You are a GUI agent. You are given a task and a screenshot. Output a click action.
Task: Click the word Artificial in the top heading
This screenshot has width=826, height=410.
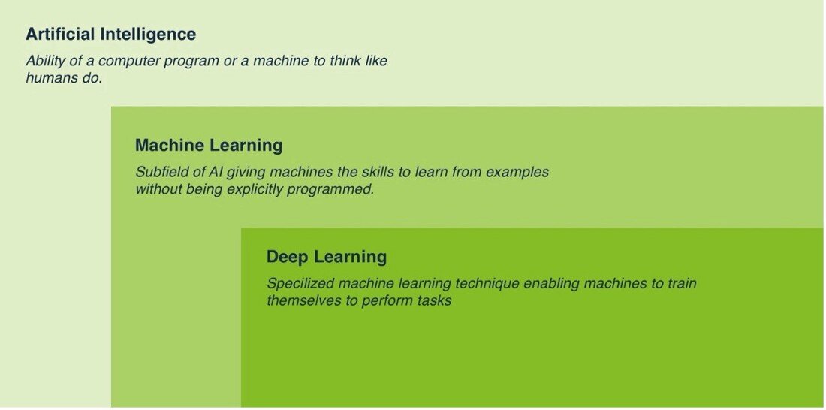click(61, 34)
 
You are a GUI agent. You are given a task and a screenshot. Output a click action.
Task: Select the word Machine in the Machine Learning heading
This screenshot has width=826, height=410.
click(169, 145)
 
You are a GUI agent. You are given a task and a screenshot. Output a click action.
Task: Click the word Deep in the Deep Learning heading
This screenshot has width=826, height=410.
click(288, 257)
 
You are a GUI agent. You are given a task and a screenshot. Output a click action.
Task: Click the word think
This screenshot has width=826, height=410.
click(347, 61)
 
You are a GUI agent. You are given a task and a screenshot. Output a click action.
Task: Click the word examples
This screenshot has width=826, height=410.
click(517, 172)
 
